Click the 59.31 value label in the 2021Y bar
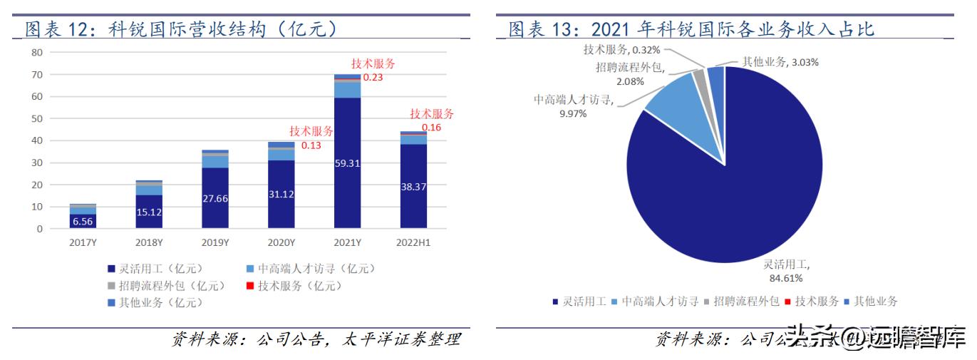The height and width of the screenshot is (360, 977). pyautogui.click(x=348, y=163)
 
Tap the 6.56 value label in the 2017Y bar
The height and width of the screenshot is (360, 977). pyautogui.click(x=83, y=222)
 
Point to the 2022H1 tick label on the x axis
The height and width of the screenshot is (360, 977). pyautogui.click(x=414, y=243)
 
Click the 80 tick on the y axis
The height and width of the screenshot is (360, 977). pyautogui.click(x=37, y=53)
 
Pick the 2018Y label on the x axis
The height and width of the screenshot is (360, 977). pyautogui.click(x=150, y=243)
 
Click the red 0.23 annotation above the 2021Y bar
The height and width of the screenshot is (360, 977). pyautogui.click(x=373, y=77)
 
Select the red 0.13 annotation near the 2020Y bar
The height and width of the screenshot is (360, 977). pyautogui.click(x=311, y=145)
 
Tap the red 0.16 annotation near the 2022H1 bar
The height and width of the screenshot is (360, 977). pyautogui.click(x=431, y=128)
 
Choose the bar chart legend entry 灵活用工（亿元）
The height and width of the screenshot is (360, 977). pyautogui.click(x=155, y=269)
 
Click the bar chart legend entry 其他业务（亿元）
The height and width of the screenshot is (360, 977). pyautogui.click(x=155, y=303)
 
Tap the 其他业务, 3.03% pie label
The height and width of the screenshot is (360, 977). pyautogui.click(x=780, y=62)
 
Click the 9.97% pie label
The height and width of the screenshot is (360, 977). pyautogui.click(x=573, y=113)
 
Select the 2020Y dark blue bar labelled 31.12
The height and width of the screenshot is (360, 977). pyautogui.click(x=281, y=195)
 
